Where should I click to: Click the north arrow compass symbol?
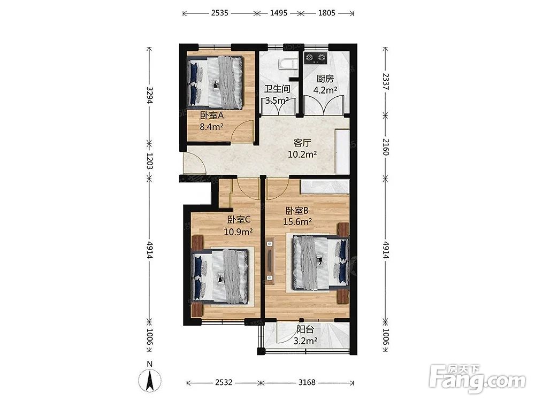click(149, 380)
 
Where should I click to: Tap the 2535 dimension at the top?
click(220, 13)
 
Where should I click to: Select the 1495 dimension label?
click(279, 13)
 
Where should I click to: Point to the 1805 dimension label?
click(326, 13)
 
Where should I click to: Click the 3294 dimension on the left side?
click(150, 96)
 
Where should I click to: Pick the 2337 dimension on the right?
click(386, 81)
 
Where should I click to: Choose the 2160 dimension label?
click(386, 146)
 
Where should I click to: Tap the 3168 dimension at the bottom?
click(307, 382)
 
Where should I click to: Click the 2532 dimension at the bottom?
click(224, 382)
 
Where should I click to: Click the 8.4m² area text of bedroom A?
click(211, 127)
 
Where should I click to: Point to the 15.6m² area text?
click(297, 222)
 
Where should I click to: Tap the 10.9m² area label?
click(238, 232)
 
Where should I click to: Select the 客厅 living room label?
click(302, 143)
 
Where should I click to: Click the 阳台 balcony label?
click(305, 329)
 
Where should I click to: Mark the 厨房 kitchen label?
click(325, 79)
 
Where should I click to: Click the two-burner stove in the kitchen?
click(316, 58)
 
